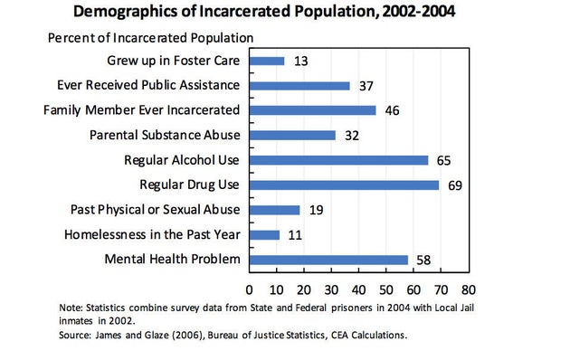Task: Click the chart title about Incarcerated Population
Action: [x=284, y=12]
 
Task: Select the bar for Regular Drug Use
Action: [x=344, y=185]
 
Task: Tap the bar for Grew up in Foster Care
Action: [x=267, y=61]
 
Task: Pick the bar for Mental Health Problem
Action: [x=328, y=260]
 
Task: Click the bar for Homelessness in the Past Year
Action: [x=264, y=235]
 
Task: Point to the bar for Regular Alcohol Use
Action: [x=338, y=160]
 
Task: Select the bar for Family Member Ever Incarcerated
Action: [x=312, y=110]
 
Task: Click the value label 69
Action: [x=455, y=185]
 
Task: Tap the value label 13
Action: [x=302, y=61]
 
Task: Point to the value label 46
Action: [x=393, y=110]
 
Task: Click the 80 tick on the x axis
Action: [x=468, y=290]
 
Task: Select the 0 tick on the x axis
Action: [x=250, y=290]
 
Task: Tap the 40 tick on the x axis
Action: [x=358, y=290]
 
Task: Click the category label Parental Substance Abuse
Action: [x=165, y=136]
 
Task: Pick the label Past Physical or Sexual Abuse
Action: [x=155, y=210]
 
